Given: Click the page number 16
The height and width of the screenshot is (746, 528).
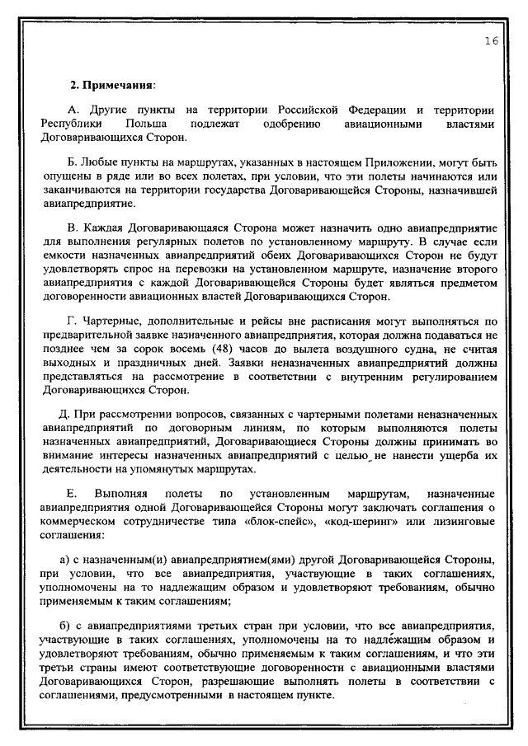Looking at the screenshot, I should point(491,42).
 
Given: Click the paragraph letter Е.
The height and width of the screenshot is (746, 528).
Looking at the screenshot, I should point(71,492).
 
